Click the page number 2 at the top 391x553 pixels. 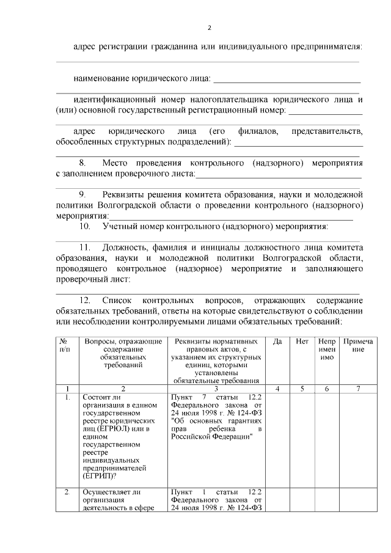(209, 28)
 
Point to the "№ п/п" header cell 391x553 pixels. (64, 345)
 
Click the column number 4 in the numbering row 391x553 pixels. (277, 388)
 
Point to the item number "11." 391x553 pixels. (85, 247)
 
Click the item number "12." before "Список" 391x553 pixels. (85, 301)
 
